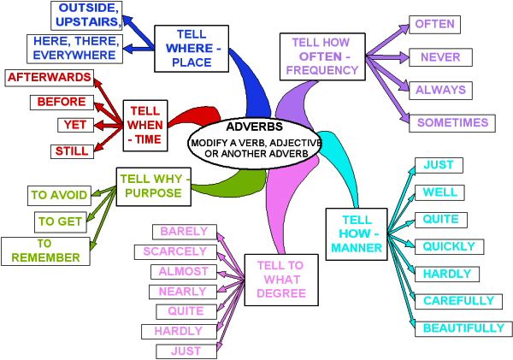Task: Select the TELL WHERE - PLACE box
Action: [192, 49]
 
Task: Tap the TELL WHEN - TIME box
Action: [145, 126]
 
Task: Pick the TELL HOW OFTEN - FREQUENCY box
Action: [322, 56]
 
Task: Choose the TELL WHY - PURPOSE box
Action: [153, 187]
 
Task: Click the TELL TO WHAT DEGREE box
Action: [281, 280]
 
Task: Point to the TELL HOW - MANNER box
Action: [357, 234]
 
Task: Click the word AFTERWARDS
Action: [50, 78]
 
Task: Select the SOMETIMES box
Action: [452, 123]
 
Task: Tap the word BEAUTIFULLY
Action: [464, 328]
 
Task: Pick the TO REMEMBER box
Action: [45, 251]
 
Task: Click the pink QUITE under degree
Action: [186, 311]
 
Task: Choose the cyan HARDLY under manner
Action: [447, 274]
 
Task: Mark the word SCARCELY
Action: [175, 251]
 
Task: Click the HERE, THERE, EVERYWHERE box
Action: [74, 49]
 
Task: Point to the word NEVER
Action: [440, 57]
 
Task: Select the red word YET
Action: [75, 125]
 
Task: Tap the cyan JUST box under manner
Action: [439, 165]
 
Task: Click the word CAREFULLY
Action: [458, 301]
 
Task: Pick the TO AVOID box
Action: [59, 196]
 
